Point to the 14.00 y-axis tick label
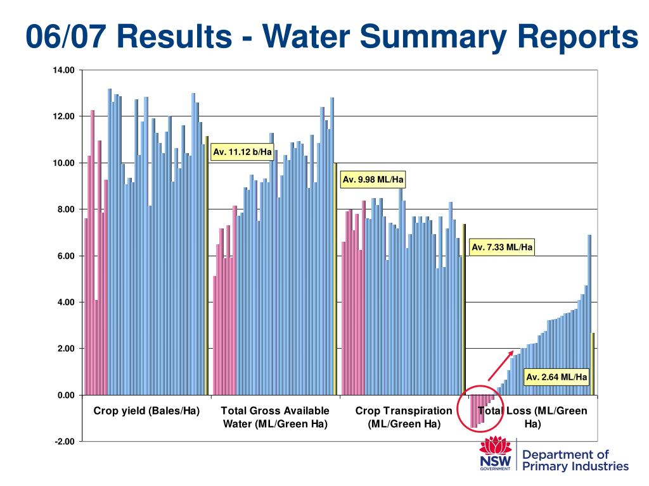pyautogui.click(x=63, y=70)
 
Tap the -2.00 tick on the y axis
pyautogui.click(x=63, y=442)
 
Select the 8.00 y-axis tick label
pyautogui.click(x=65, y=209)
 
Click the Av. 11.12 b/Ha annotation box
pyautogui.click(x=242, y=152)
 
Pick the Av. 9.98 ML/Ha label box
pyautogui.click(x=373, y=180)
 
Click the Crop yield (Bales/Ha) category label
pyautogui.click(x=146, y=411)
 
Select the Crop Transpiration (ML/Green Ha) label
pyautogui.click(x=404, y=417)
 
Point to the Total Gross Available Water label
pyautogui.click(x=275, y=417)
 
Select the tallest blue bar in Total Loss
pyautogui.click(x=589, y=315)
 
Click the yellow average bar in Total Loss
pyautogui.click(x=593, y=364)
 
